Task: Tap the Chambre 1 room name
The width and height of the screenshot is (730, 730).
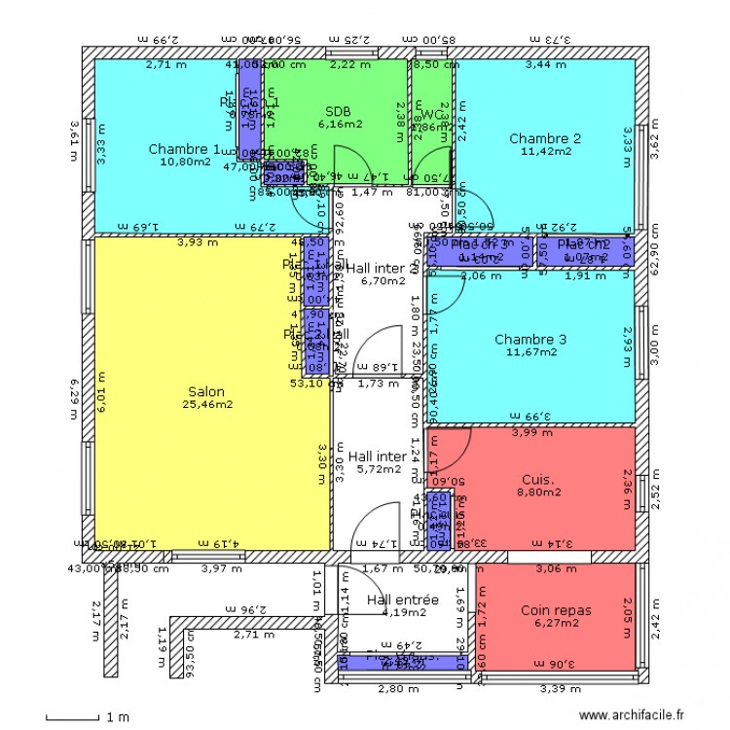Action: pos(184,149)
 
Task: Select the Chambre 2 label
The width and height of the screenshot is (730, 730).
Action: pos(545,138)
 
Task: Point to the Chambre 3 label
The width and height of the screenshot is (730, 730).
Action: pos(530,339)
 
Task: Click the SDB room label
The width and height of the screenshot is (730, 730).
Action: pos(338,110)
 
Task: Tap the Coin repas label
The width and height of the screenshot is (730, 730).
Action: pos(556,610)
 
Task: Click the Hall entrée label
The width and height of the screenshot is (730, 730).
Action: pos(403,600)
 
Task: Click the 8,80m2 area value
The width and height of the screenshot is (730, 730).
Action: pos(537,493)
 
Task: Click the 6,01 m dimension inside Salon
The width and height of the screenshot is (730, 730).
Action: pos(102,397)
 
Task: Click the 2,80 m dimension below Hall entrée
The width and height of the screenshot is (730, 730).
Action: pos(398,689)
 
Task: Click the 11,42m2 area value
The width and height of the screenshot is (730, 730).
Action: pos(545,152)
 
